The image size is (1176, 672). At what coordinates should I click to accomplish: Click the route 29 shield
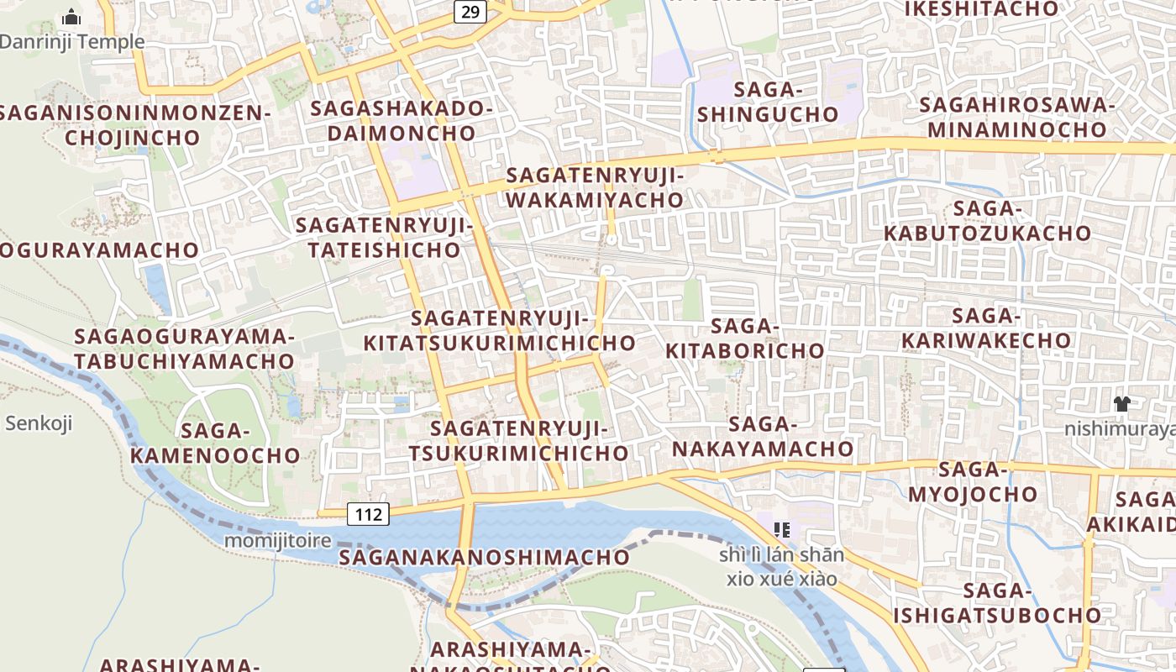click(x=470, y=11)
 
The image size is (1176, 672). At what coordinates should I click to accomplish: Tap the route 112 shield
click(x=369, y=513)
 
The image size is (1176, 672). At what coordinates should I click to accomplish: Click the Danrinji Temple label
click(x=72, y=41)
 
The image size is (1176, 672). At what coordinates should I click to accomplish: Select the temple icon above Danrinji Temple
click(x=71, y=16)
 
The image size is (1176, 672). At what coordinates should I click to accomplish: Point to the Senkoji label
click(x=39, y=423)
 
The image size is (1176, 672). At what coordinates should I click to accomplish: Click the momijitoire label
click(x=277, y=540)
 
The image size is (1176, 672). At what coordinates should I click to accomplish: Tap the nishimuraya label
click(x=1120, y=429)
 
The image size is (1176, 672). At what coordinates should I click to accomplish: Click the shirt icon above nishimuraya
click(x=1121, y=403)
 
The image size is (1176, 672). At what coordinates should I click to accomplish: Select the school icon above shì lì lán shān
click(x=782, y=529)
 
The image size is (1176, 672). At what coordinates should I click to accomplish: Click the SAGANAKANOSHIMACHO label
click(x=485, y=557)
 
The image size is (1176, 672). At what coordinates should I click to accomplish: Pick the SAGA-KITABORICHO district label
click(x=745, y=338)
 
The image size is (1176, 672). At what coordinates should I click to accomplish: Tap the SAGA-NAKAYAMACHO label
click(x=763, y=437)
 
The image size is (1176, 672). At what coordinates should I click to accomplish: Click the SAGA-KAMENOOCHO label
click(x=216, y=444)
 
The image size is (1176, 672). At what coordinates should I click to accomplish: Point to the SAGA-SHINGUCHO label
click(x=768, y=102)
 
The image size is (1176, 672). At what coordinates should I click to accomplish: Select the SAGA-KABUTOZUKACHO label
click(x=987, y=221)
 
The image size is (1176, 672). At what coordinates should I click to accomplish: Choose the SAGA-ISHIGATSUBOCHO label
click(x=996, y=603)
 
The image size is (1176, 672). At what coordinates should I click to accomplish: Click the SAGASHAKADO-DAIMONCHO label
click(x=402, y=120)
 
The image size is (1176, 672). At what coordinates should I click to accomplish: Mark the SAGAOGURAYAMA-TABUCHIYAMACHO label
click(x=185, y=349)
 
